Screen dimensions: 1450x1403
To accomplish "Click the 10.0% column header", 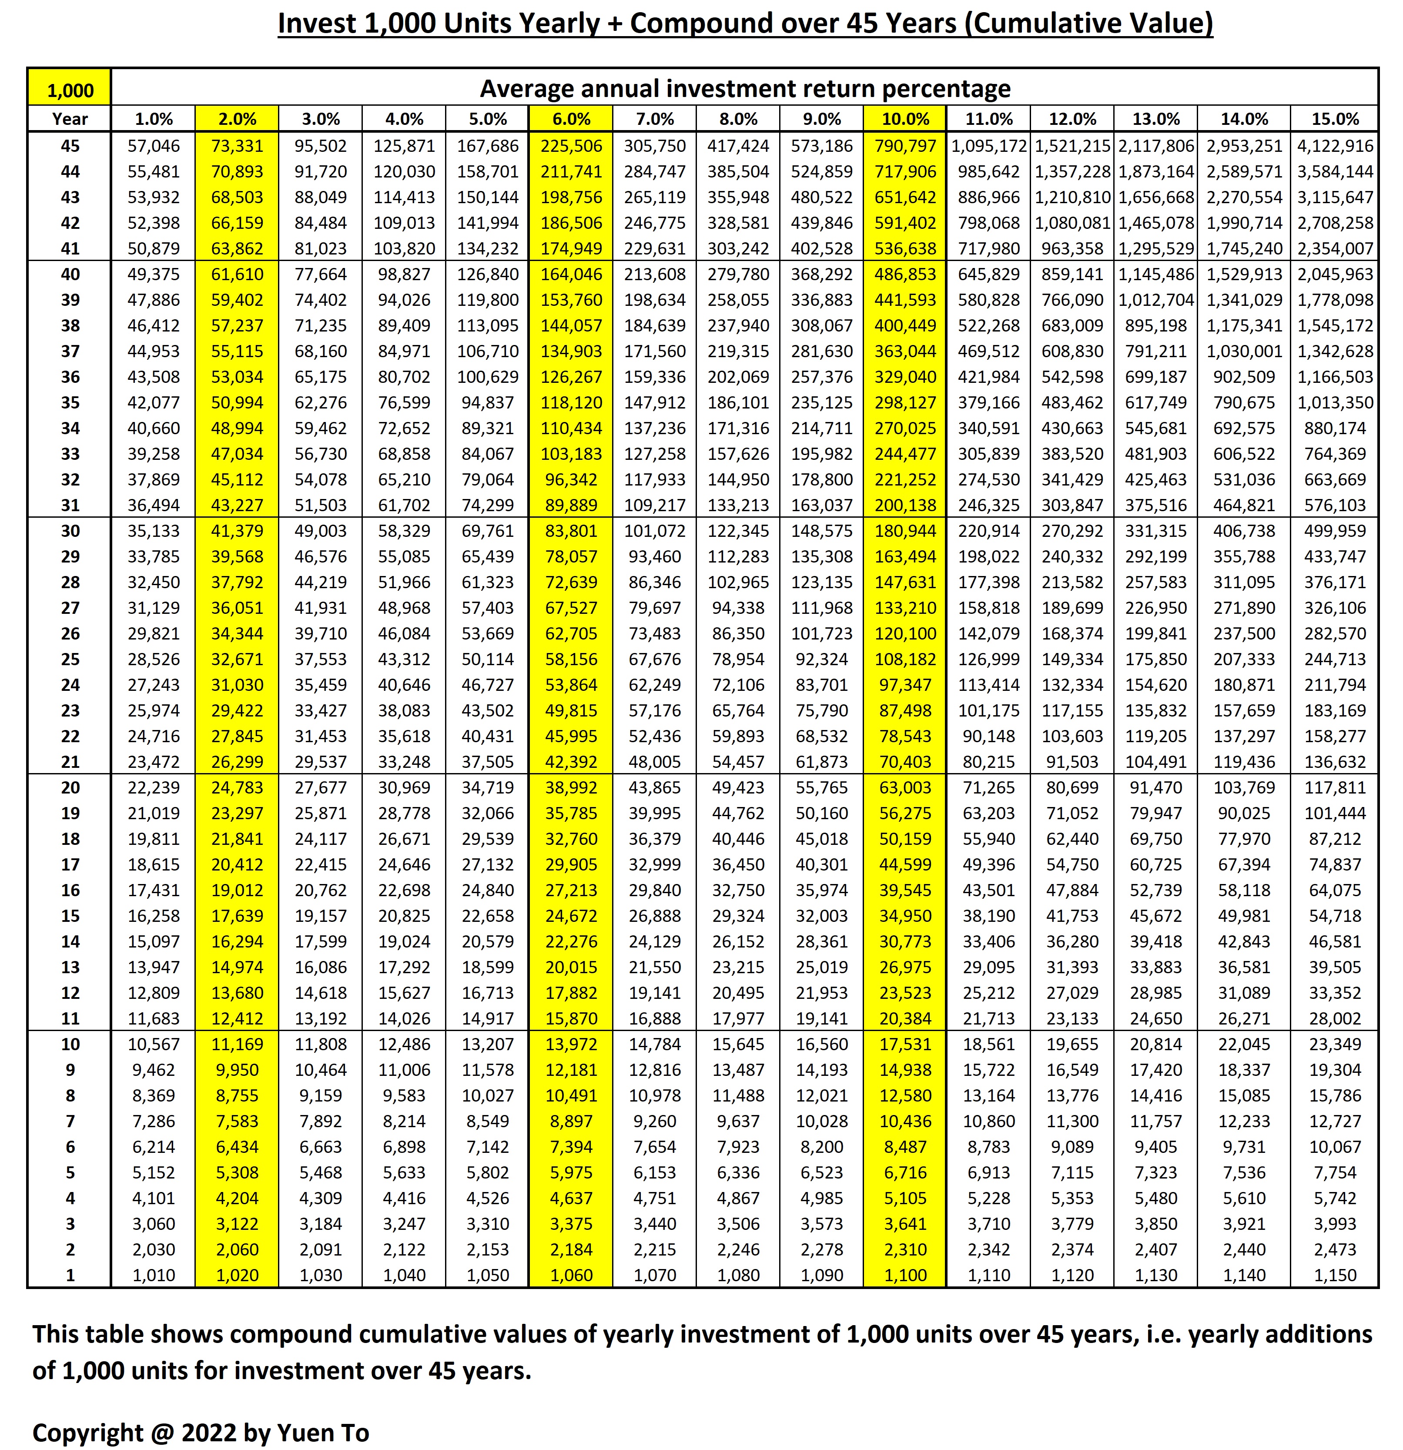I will coord(905,119).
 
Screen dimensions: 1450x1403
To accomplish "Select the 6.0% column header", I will coord(571,119).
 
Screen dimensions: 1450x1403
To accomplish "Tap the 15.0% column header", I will coord(1335,119).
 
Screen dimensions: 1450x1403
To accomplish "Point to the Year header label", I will coord(70,119).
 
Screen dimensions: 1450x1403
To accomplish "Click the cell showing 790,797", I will coord(905,146).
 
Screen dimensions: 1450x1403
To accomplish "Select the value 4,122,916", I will coord(1335,146).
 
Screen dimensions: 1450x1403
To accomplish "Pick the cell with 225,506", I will coord(571,146).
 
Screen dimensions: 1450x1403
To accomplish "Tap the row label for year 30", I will coord(70,530).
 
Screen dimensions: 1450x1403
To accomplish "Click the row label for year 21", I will coord(70,761).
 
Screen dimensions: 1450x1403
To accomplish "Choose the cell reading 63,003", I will coord(905,787).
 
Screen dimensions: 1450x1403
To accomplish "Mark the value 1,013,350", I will coord(1335,402).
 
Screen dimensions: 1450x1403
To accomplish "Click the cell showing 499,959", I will coord(1335,530).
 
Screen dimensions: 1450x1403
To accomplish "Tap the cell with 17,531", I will coord(905,1044).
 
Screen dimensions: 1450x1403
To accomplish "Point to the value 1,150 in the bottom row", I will coord(1335,1275).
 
